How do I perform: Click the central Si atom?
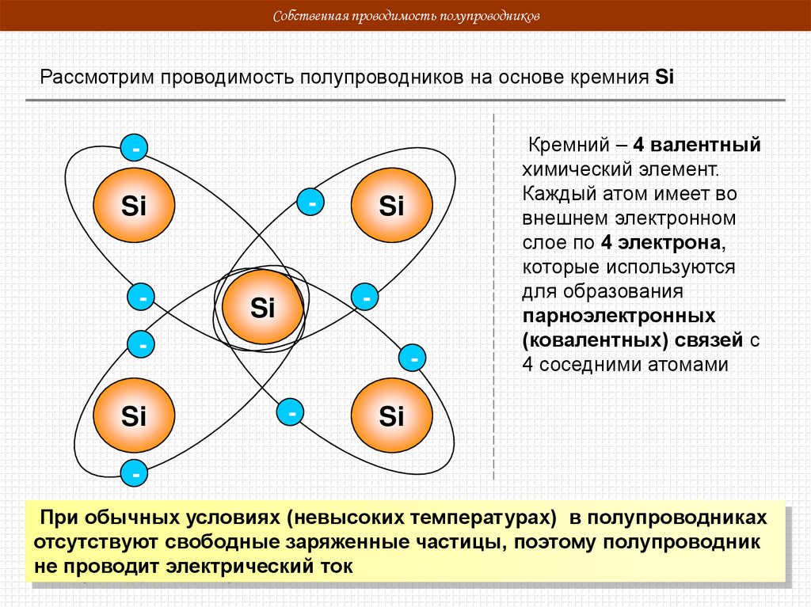point(262,307)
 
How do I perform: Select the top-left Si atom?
point(134,207)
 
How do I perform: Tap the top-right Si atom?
point(391,207)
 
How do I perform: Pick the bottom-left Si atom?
point(134,416)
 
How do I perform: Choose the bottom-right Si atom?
point(391,416)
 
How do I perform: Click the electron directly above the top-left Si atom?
point(135,147)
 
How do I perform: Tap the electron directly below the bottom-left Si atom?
point(135,474)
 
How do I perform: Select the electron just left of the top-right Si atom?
point(312,203)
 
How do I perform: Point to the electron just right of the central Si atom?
point(366,298)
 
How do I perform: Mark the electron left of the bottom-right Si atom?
point(291,412)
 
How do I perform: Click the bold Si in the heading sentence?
point(664,78)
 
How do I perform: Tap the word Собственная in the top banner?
point(304,17)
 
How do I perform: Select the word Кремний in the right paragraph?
point(566,146)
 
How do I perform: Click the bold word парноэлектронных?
point(619,317)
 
